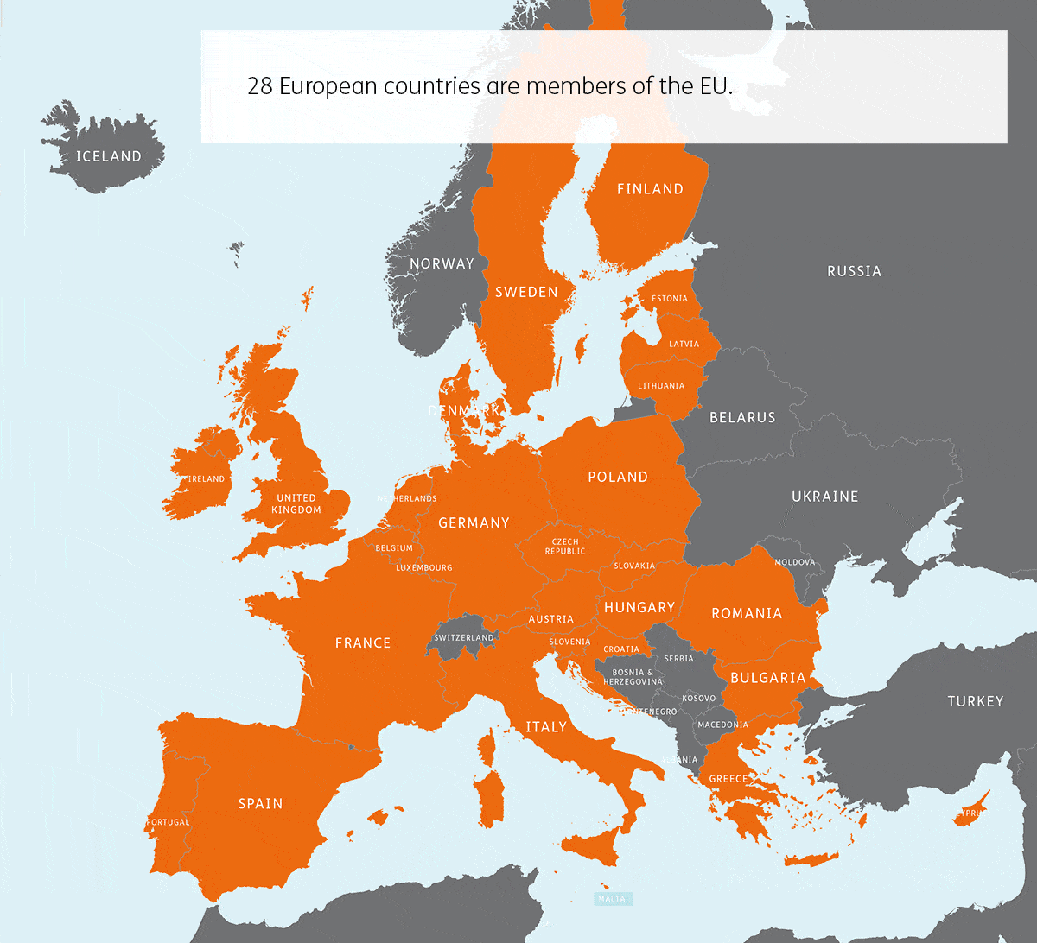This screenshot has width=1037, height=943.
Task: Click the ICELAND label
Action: pos(108,156)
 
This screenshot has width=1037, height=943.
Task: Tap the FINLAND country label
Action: pos(650,189)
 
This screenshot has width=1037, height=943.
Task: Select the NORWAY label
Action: pos(442,263)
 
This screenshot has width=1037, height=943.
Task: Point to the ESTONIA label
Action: pos(670,299)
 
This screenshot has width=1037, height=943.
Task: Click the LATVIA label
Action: pos(684,344)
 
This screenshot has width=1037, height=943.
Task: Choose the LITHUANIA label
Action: pos(661,386)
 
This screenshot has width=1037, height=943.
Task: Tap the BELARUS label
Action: pos(742,418)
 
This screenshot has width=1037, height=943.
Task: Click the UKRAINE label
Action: pos(824,497)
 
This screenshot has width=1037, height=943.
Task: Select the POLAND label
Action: pos(617,477)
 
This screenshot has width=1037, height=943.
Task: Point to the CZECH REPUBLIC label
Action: pos(564,547)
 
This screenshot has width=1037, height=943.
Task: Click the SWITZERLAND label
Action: pos(464,638)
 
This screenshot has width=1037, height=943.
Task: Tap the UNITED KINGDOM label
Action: pos(296,503)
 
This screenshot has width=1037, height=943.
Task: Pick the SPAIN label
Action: pos(260,804)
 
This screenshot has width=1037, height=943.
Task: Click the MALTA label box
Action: pos(612,899)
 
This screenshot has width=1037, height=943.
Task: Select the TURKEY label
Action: pos(975,701)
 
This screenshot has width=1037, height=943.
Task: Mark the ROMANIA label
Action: pos(746,613)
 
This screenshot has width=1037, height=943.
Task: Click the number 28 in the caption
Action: pos(259,86)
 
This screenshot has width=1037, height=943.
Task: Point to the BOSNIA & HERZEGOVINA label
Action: pos(633,677)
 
